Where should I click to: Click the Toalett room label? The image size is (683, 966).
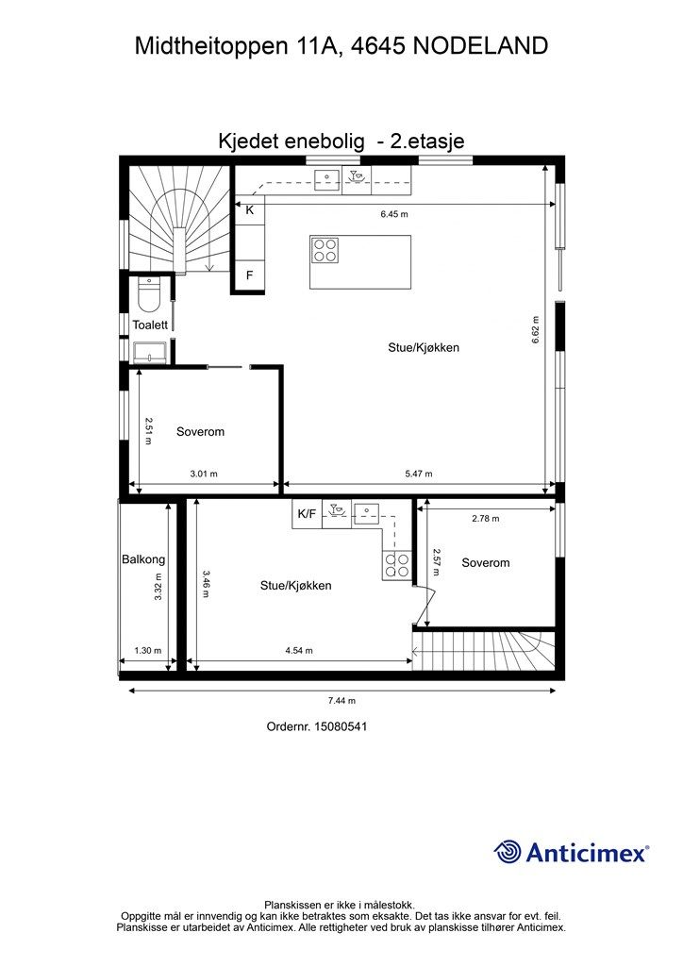pos(150,325)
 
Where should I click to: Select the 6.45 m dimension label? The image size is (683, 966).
pos(394,214)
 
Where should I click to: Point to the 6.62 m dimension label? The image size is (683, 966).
pos(535,329)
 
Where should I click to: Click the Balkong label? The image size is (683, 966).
pos(143,559)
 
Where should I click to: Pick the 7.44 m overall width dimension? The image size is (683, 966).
pos(341,701)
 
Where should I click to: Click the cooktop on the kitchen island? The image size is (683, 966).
pos(325,249)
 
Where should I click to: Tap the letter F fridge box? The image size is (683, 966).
pos(249,275)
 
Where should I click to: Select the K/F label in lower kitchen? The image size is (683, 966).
pos(307,513)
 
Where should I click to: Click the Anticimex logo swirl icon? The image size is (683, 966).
pos(508,853)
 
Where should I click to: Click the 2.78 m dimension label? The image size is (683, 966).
pos(486,518)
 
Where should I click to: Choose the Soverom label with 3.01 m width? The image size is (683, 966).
pos(200,431)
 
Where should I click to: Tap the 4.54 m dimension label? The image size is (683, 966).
pos(299,650)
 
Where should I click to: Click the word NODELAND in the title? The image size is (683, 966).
pos(480,45)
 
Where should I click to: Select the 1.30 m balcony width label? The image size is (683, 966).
pos(148,650)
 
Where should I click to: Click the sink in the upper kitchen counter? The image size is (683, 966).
pos(327,178)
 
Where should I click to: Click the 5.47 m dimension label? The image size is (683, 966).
pos(419,474)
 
